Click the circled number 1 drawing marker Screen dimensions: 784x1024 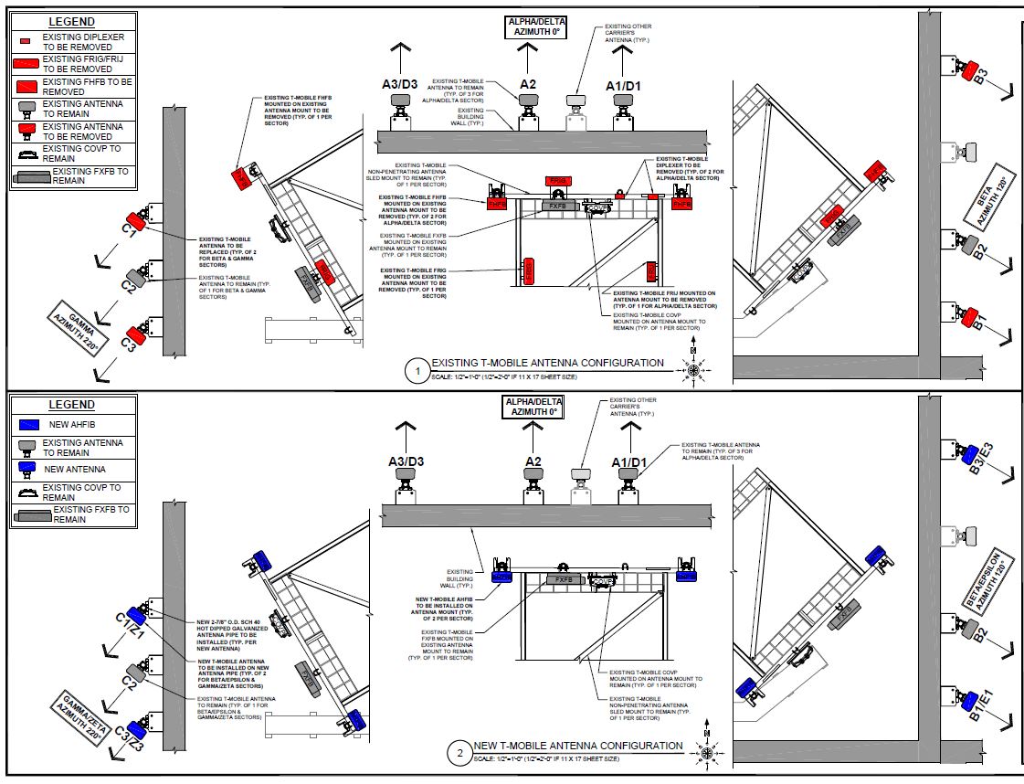[x=417, y=372]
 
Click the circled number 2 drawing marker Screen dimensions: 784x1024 [x=459, y=754]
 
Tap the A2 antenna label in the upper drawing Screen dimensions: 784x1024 [x=528, y=84]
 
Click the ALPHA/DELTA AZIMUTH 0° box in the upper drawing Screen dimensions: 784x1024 [x=534, y=26]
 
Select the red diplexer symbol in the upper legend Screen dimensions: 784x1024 [x=26, y=42]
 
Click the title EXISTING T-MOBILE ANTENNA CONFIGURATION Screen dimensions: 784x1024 [x=547, y=364]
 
